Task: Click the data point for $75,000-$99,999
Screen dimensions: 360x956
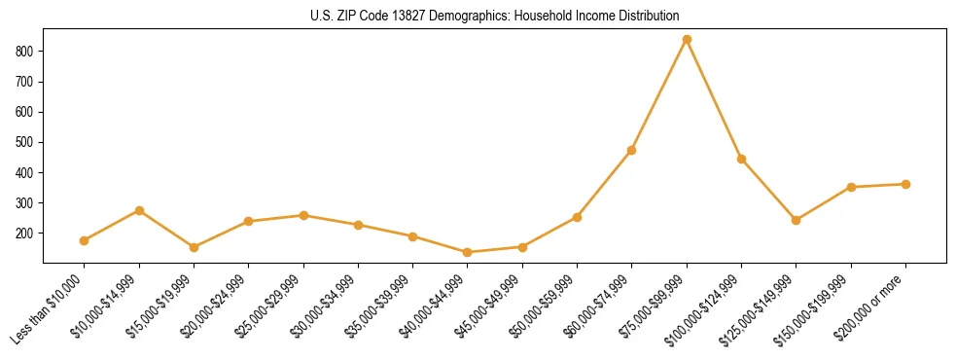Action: click(687, 40)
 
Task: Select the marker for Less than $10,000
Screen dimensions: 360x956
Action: click(85, 240)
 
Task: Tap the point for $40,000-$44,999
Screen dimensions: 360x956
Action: click(468, 253)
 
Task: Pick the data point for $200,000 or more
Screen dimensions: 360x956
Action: click(905, 184)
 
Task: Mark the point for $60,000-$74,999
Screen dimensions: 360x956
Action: click(632, 150)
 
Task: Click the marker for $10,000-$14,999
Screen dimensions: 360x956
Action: click(139, 210)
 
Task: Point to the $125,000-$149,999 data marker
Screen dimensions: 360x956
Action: click(797, 220)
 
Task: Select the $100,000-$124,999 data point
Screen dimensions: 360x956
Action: click(741, 159)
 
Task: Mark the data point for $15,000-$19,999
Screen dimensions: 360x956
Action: click(194, 247)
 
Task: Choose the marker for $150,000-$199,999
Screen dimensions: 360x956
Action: click(851, 187)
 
